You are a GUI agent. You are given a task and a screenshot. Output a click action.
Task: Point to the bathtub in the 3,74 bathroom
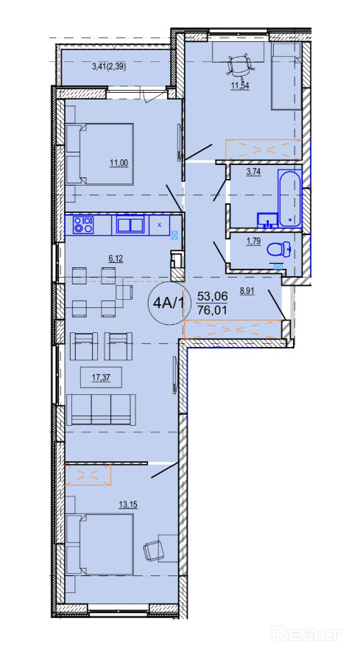[x=289, y=198]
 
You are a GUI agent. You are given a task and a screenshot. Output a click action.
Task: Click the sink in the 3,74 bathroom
[x=267, y=220]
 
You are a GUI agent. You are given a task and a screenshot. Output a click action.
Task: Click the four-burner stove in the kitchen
[x=83, y=225]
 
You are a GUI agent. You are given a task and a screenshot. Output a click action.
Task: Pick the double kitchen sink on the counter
[x=130, y=225]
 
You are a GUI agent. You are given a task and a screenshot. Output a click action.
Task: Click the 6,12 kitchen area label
[x=116, y=259]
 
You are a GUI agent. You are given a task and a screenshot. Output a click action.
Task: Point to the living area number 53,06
[x=212, y=296]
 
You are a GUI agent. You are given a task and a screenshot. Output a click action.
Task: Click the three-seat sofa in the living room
[x=101, y=410]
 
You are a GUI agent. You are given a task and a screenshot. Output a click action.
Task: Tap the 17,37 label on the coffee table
[x=101, y=378]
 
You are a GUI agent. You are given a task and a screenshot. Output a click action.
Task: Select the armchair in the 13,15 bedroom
[x=153, y=550]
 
